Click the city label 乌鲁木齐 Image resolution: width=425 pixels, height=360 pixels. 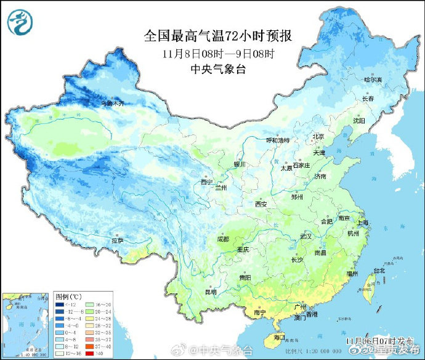(x=113, y=104)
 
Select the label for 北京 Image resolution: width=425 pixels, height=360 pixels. (x=318, y=136)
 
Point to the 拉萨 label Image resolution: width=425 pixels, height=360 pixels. (x=117, y=240)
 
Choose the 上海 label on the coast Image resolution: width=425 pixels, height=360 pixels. (x=365, y=223)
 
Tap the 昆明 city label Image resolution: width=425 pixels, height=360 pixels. (x=211, y=292)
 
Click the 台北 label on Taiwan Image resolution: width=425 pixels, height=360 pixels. (x=379, y=270)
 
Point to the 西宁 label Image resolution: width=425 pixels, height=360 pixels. (x=206, y=182)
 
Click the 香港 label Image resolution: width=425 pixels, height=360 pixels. (x=312, y=315)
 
